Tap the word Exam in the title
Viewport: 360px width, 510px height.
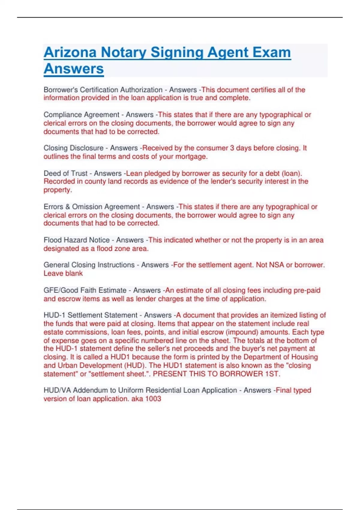271,52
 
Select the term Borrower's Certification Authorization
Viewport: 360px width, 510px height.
103,90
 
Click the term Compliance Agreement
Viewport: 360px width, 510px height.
81,115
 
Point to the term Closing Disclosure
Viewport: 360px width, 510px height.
73,148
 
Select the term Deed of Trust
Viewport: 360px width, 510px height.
65,173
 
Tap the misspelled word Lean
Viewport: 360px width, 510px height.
134,173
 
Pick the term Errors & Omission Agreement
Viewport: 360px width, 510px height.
91,207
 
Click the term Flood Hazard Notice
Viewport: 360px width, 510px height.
76,240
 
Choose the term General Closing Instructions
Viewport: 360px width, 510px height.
89,265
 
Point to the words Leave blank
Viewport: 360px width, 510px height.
63,273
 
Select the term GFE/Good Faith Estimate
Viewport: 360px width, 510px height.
85,290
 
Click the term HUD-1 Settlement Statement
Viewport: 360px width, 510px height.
90,315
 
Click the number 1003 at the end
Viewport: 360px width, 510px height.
153,399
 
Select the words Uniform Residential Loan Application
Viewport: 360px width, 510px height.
177,390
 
